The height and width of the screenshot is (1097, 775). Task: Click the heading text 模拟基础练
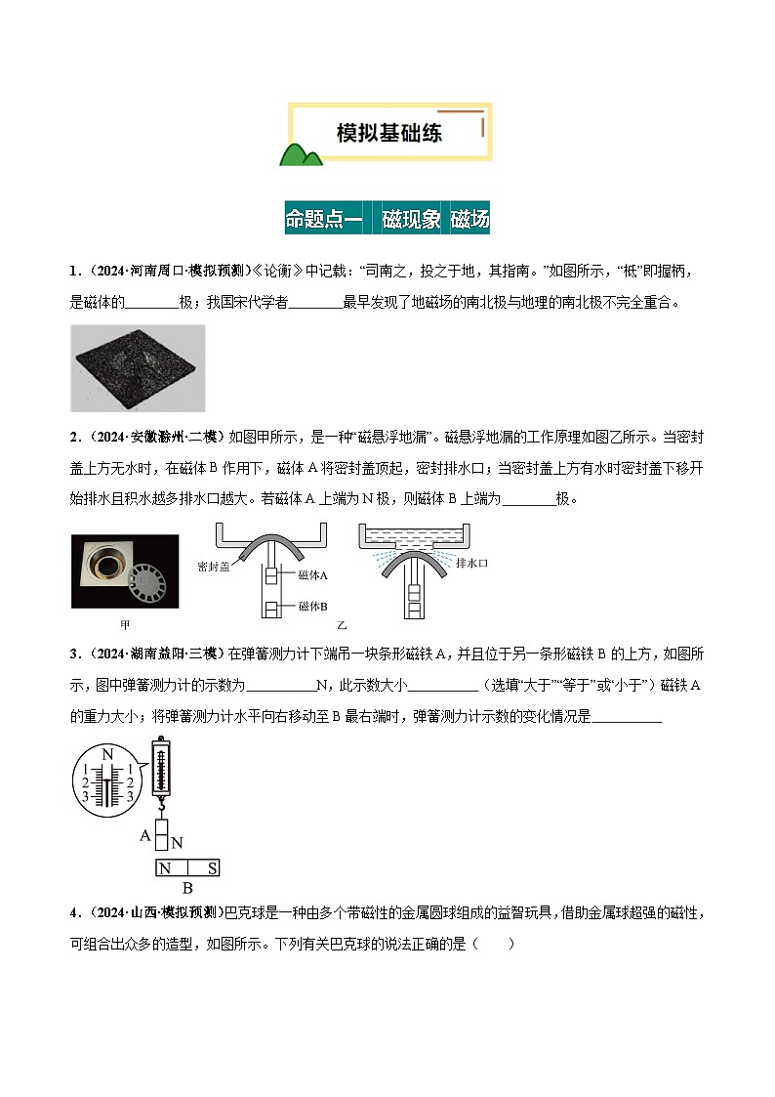pos(388,133)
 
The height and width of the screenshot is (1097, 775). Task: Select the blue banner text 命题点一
pos(323,219)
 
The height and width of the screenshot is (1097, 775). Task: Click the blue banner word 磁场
pos(469,219)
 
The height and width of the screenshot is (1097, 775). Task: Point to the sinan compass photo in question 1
pos(138,367)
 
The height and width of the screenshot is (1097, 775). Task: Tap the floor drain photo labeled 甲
pos(124,570)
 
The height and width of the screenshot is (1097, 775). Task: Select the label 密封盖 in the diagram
pos(213,566)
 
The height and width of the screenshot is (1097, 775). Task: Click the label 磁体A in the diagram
pos(313,575)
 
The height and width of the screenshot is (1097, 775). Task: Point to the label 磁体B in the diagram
pos(313,607)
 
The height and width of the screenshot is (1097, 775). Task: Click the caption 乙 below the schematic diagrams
pos(342,624)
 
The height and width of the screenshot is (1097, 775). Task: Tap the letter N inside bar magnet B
pos(165,867)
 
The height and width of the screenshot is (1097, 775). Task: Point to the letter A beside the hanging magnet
pos(145,835)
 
